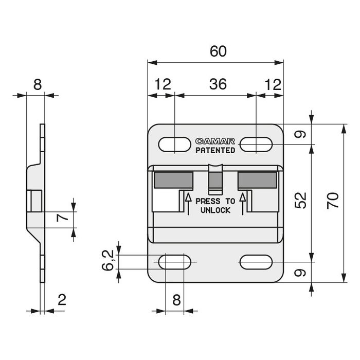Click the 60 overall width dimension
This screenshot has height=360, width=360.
218,51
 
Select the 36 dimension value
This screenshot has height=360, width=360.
218,84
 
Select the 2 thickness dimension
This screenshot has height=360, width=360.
61,299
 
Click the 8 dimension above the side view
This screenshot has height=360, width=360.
37,84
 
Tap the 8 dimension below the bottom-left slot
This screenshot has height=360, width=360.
176,299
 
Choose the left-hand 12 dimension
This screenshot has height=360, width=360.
162,84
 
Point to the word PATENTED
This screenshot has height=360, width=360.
215,150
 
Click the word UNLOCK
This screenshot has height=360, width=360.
215,210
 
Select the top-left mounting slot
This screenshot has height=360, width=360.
174,145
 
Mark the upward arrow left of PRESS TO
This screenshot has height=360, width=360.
188,203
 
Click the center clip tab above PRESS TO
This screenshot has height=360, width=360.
215,177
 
